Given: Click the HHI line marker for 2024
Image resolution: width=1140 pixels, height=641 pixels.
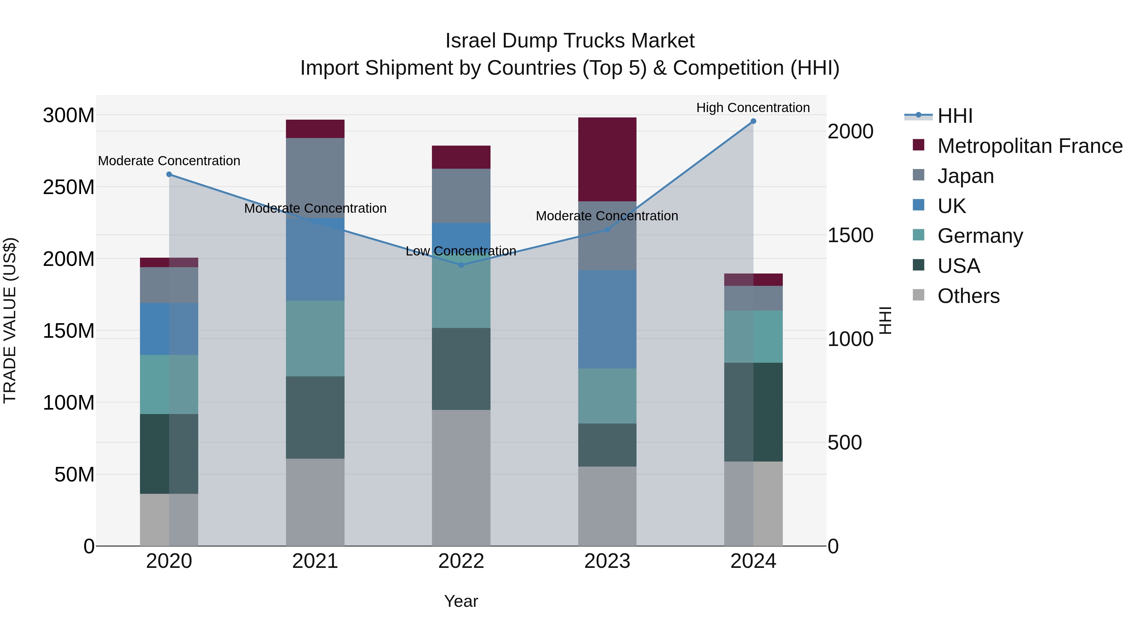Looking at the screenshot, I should tap(753, 121).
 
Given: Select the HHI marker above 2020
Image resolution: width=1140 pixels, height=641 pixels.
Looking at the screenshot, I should tap(169, 174).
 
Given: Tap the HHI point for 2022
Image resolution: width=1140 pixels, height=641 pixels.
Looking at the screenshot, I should tap(461, 265).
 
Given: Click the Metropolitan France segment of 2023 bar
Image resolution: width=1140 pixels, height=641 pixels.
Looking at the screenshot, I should tap(607, 159).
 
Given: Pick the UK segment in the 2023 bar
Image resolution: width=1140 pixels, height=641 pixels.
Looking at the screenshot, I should tap(607, 319).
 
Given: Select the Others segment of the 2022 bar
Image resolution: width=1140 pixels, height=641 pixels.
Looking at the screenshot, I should tap(461, 478).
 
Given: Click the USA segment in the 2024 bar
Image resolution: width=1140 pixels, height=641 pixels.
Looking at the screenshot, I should tap(753, 412).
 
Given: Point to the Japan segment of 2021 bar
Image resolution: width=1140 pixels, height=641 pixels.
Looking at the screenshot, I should tap(315, 177).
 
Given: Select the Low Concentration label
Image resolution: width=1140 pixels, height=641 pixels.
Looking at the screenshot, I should tap(461, 251).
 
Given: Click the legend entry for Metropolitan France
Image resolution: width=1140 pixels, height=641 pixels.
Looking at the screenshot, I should tap(1029, 146).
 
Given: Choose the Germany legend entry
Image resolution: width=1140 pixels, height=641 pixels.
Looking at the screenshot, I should tap(980, 236).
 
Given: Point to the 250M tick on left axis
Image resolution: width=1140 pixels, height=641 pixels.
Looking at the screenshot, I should tap(69, 187).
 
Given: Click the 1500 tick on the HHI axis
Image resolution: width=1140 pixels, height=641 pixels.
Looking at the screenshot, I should tap(850, 235).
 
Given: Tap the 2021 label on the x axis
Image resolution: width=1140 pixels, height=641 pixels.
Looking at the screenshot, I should tap(315, 561).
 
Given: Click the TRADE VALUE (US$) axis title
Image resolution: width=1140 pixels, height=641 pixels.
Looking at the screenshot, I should tap(10, 320).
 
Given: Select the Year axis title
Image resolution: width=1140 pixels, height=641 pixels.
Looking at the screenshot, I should tap(461, 601).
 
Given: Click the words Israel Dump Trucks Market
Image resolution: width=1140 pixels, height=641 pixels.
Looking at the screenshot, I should tap(570, 41).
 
